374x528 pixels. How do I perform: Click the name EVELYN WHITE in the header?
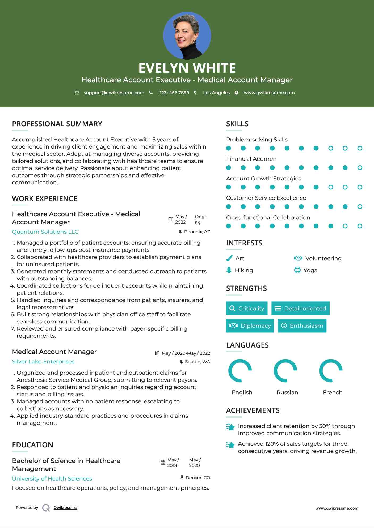(187, 68)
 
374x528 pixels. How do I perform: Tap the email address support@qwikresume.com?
(114, 93)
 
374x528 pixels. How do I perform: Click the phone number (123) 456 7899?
(174, 93)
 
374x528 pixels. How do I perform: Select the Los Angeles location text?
(216, 93)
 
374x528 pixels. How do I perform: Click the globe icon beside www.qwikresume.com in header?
(237, 93)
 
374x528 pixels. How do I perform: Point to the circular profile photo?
(187, 36)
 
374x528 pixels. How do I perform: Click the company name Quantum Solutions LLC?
(45, 232)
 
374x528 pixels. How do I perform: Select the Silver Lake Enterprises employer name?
(43, 361)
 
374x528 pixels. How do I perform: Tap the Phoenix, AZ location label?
(197, 232)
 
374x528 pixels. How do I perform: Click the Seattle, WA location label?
(197, 362)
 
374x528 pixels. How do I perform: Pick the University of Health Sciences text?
(52, 478)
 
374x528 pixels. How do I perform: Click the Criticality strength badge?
(247, 308)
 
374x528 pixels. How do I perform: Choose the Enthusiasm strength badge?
(302, 326)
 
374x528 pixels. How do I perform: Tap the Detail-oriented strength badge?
(300, 308)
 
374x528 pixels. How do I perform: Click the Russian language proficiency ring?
(285, 371)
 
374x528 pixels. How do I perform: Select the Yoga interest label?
(310, 270)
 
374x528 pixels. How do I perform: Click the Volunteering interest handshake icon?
(298, 258)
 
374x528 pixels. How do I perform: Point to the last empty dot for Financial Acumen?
(360, 168)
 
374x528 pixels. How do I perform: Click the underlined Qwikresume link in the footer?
(65, 507)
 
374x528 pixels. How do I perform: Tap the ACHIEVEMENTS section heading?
(253, 410)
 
